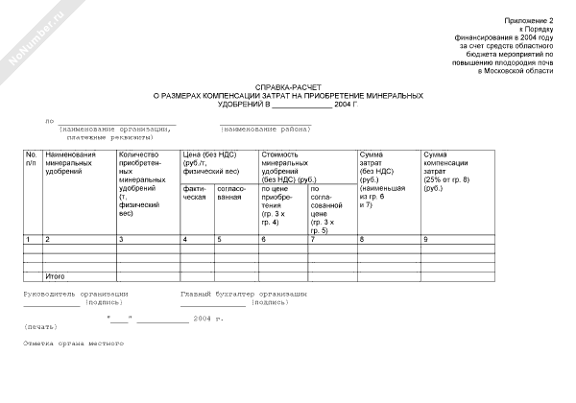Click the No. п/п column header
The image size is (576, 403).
[31, 158]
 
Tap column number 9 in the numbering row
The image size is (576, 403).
[425, 238]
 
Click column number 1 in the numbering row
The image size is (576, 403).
[28, 238]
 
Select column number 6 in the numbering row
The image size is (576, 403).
[263, 238]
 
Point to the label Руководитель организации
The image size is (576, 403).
[76, 293]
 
